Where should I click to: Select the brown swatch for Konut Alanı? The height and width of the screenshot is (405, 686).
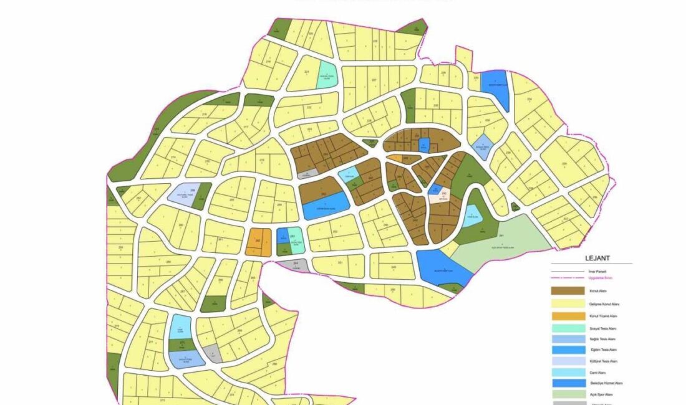point(568,290)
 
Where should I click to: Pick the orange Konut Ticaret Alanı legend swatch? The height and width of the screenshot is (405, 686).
point(568,316)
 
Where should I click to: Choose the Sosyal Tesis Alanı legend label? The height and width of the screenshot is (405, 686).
point(602,328)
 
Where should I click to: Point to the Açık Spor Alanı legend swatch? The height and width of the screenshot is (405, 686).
point(568,394)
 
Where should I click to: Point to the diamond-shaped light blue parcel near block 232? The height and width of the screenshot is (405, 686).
point(484,147)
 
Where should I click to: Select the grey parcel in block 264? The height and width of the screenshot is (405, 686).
point(292,265)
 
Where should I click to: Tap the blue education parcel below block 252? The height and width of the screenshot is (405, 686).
point(326,205)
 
